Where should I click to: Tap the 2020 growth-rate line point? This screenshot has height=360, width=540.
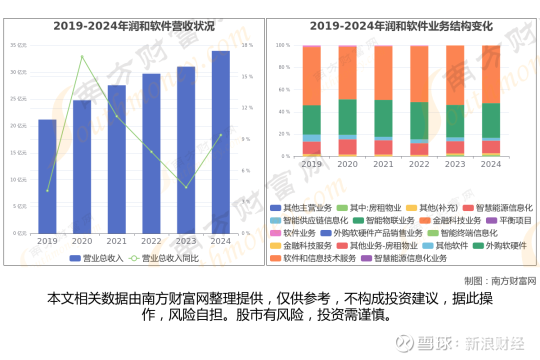click(x=82, y=56)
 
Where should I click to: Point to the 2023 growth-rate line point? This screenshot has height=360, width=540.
click(x=186, y=187)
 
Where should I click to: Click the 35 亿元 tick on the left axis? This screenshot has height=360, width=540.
click(x=18, y=45)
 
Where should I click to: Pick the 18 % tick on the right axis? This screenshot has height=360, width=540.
click(x=247, y=45)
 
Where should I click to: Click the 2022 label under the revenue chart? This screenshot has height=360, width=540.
click(x=151, y=241)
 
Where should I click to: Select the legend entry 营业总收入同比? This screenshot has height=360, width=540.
click(x=164, y=258)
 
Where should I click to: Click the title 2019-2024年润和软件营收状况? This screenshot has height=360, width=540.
click(x=134, y=26)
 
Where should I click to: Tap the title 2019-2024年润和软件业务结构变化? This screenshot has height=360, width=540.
click(x=401, y=26)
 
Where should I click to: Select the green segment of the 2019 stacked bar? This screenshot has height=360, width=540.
click(x=311, y=119)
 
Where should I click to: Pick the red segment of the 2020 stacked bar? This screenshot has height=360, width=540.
click(x=347, y=147)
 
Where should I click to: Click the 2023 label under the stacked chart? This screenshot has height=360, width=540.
click(x=455, y=164)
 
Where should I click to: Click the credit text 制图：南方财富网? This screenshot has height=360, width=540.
click(x=499, y=280)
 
